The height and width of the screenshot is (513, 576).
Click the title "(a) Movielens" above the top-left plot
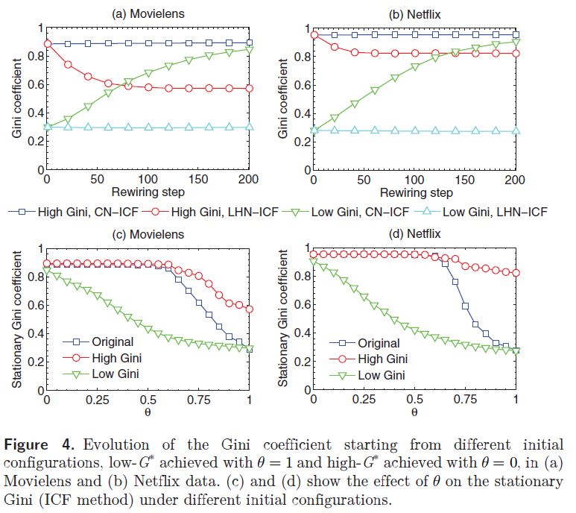(148, 13)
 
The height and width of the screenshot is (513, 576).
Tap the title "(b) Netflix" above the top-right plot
(413, 13)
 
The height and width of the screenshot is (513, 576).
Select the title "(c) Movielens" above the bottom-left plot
(148, 233)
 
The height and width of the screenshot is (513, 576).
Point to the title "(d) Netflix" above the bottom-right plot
(413, 233)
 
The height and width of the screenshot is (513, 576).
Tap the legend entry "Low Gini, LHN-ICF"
(495, 212)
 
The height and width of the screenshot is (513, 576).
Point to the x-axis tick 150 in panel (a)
(199, 180)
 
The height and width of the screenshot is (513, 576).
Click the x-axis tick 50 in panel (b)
(364, 180)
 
